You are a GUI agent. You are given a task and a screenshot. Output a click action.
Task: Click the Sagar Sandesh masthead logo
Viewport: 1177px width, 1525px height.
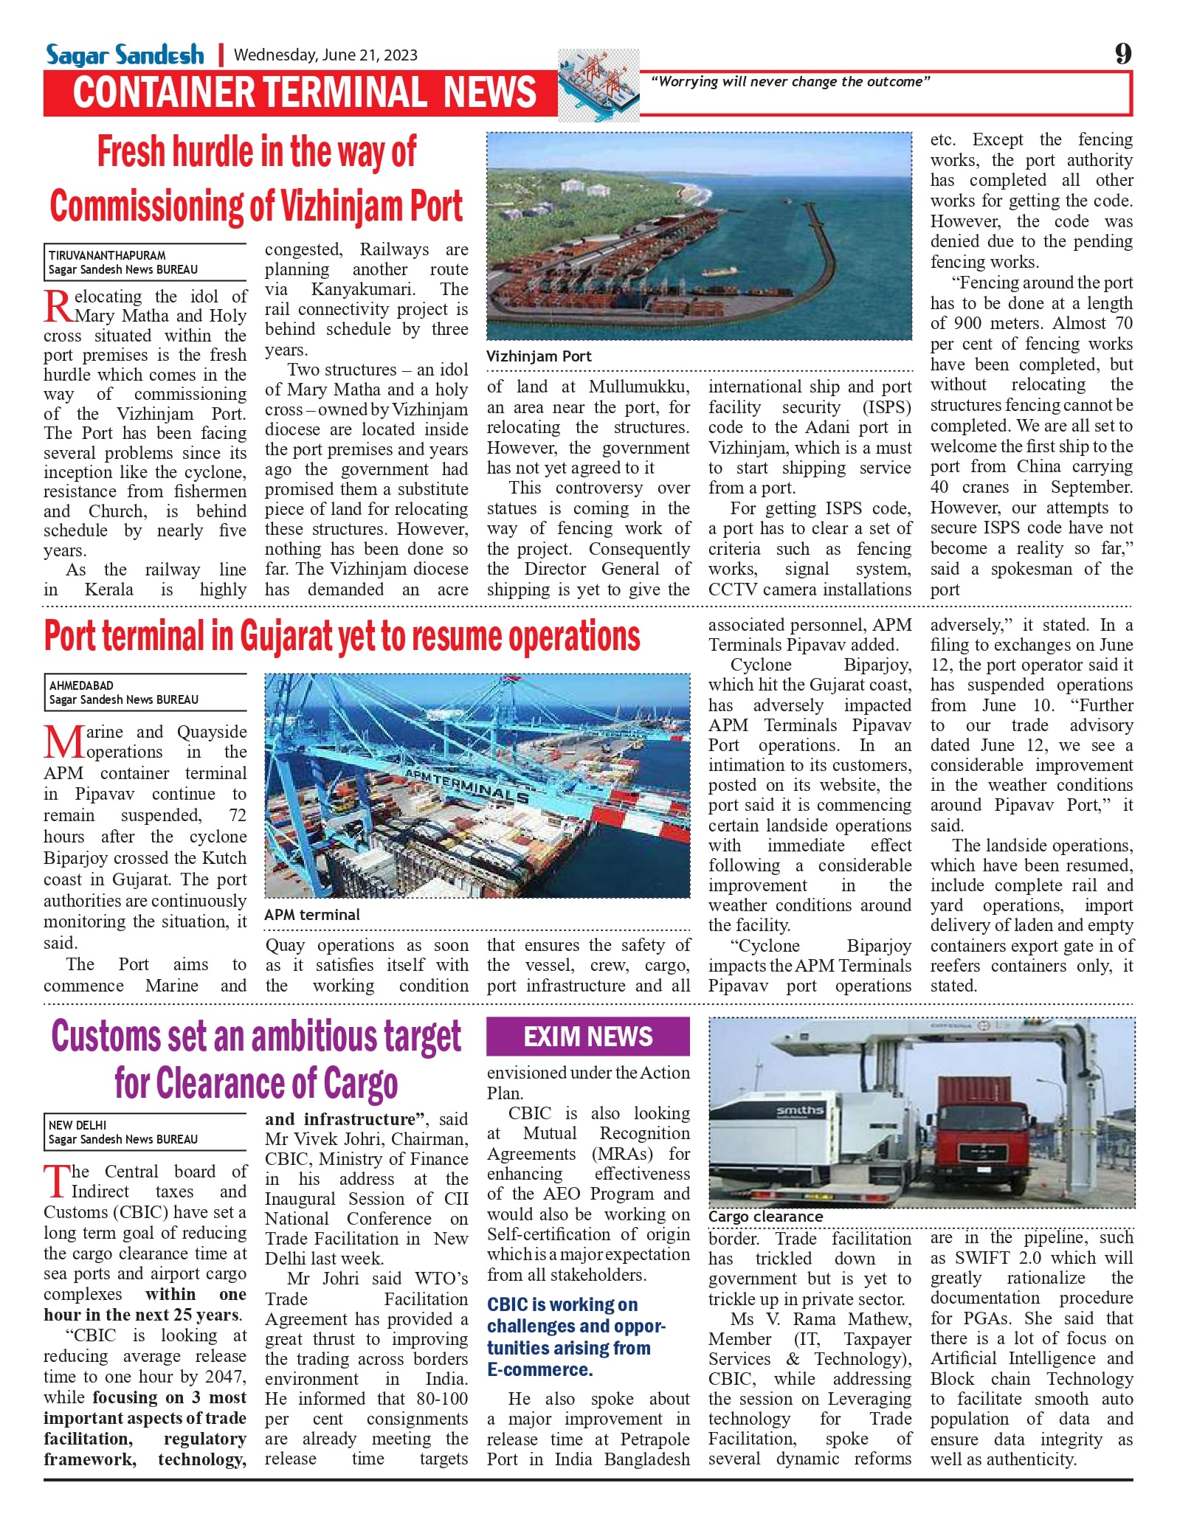[125, 55]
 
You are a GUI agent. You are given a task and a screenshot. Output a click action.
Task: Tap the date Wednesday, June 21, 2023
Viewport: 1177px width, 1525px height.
[325, 55]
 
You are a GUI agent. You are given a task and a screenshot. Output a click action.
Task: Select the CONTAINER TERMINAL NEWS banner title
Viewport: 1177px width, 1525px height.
[304, 93]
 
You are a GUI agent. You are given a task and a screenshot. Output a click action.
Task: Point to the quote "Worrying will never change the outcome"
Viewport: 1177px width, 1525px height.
[790, 82]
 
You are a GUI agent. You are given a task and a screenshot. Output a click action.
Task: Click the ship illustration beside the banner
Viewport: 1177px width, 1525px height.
[598, 85]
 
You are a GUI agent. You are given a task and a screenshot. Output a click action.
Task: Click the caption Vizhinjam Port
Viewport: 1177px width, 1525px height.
[539, 356]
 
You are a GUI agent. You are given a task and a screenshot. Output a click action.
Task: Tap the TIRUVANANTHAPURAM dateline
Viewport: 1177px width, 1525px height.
[108, 255]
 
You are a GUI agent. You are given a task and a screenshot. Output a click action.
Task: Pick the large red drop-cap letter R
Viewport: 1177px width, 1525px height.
[58, 305]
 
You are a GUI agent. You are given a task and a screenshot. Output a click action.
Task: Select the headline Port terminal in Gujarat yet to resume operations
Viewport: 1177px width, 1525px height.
[342, 637]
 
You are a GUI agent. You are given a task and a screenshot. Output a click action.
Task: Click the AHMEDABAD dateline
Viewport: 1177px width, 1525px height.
[82, 685]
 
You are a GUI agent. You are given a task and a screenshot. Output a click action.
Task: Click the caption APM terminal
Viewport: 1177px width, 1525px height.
[312, 915]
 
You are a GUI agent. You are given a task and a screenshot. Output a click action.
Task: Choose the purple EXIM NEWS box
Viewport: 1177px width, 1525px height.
[588, 1037]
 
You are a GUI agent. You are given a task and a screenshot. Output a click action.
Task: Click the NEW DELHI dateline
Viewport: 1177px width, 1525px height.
[77, 1125]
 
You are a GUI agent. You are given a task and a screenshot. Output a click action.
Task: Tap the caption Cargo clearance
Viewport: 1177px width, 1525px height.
[765, 1217]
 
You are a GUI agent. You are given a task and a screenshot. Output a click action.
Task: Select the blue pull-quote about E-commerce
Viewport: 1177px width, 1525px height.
[576, 1337]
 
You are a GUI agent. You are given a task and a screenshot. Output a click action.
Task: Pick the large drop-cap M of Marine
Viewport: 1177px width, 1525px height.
[63, 742]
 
